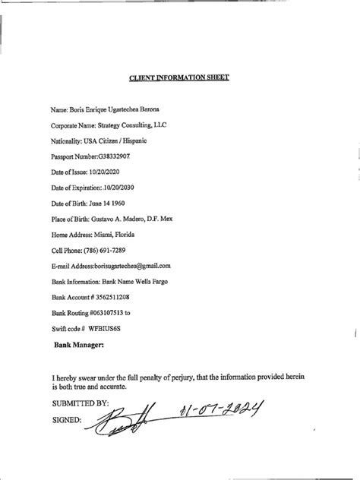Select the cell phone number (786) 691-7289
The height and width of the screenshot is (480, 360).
tap(113, 250)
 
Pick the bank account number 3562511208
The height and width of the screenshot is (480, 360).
tap(118, 297)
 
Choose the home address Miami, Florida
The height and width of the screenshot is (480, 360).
tap(116, 234)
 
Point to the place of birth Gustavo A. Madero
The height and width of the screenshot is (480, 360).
tap(118, 219)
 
